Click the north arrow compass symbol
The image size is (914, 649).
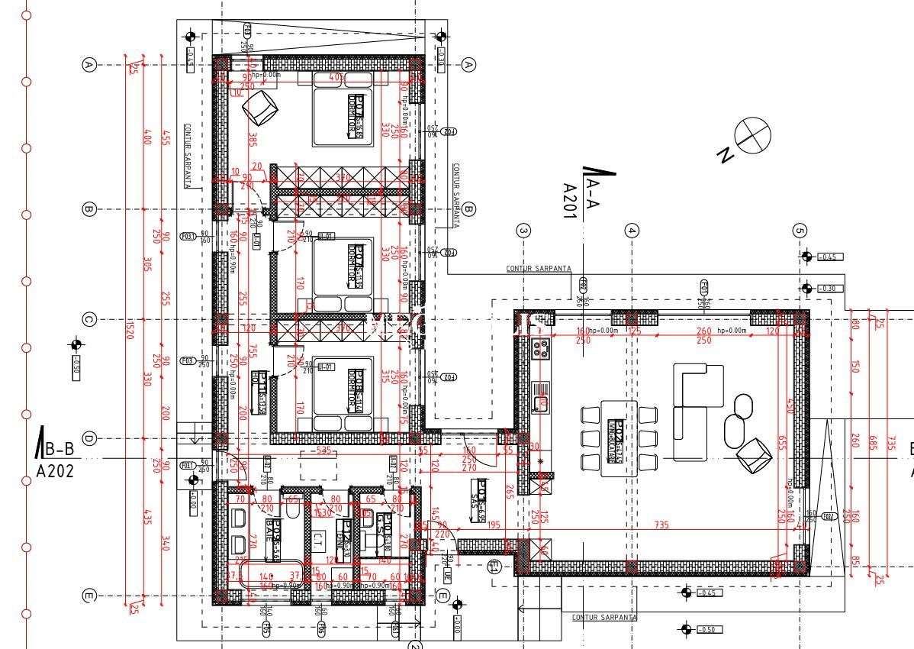tap(752, 135)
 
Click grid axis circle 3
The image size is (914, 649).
tap(523, 230)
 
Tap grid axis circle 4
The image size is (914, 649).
tap(631, 230)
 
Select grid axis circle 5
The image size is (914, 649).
tap(800, 230)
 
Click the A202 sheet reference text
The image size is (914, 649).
tap(55, 470)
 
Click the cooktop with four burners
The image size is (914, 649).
tap(541, 349)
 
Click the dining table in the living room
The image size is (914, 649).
tap(618, 438)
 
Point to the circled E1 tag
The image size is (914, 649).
tap(494, 567)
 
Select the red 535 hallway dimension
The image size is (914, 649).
tap(323, 451)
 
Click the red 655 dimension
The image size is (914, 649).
tap(781, 443)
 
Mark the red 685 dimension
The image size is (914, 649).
tap(871, 443)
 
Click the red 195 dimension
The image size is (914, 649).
tap(494, 525)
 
